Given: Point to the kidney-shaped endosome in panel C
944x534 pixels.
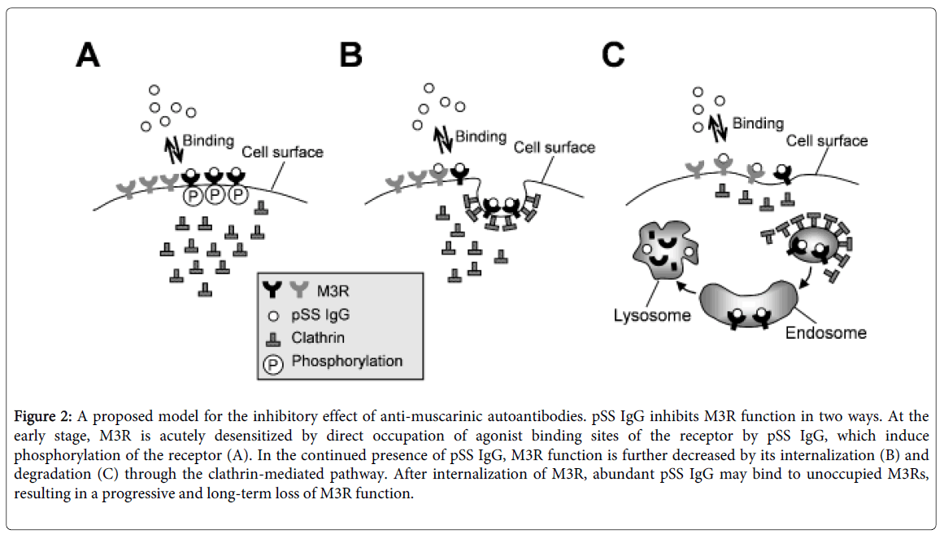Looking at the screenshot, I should (747, 304).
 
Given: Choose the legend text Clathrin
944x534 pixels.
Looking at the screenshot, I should (319, 338).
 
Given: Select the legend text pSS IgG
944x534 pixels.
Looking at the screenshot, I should (320, 315).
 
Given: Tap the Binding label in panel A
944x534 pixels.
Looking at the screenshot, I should (207, 141).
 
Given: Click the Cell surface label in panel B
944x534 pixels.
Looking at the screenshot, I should (555, 147).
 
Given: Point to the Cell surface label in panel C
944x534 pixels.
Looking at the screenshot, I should (827, 141).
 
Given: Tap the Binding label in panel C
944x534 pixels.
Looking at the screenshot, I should (758, 124).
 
